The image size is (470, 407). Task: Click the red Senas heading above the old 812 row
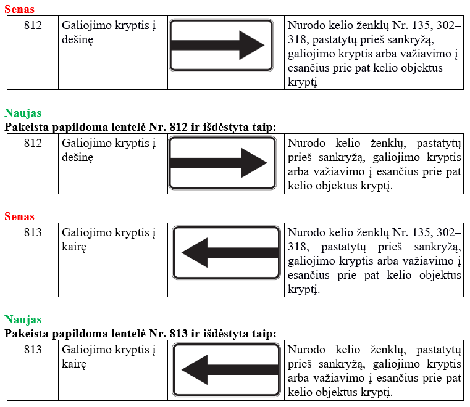pos(19,9)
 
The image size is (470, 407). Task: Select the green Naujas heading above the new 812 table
pos(23,113)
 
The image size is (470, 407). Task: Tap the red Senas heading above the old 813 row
pos(19,216)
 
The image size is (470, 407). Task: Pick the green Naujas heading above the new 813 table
pos(23,319)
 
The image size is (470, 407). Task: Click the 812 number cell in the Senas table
pos(33,25)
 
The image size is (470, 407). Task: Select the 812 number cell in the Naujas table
pos(33,143)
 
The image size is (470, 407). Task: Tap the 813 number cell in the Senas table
pos(33,232)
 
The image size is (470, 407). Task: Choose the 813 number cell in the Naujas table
pos(33,350)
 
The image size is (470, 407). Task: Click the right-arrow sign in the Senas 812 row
pos(220,45)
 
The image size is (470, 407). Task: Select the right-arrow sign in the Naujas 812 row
pos(222,163)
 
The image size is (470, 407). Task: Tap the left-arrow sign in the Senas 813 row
pos(225,252)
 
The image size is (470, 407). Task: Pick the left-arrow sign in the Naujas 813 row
pos(225,369)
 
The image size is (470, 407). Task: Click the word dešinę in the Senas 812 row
pos(78,39)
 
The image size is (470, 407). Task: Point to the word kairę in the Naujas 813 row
pos(74,364)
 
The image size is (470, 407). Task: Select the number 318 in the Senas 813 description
pos(297,247)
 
